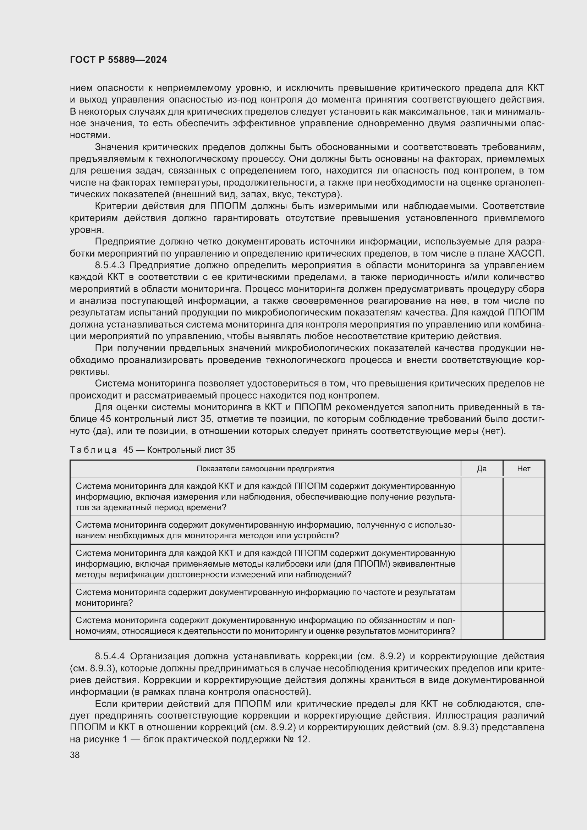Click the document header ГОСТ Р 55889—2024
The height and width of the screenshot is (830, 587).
(118, 60)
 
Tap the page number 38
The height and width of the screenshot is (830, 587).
(75, 755)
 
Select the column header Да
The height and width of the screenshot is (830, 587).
(482, 469)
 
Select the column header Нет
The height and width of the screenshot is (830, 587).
(523, 469)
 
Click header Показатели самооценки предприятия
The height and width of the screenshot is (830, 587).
(265, 469)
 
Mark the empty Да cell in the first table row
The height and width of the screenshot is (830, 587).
(482, 497)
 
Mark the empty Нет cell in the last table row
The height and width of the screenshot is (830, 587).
(523, 625)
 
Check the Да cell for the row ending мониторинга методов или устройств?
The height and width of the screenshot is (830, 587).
(482, 530)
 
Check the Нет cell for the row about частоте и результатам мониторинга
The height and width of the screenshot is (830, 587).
(523, 597)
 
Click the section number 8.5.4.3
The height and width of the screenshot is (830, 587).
(110, 265)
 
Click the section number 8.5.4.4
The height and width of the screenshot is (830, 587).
(110, 656)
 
